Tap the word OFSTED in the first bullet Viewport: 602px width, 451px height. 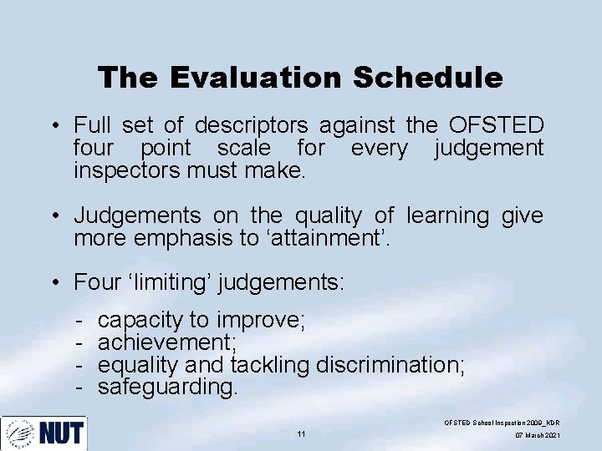(496, 125)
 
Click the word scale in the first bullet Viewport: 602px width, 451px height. (244, 148)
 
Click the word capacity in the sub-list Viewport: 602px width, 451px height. (139, 320)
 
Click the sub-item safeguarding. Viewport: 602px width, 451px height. (168, 388)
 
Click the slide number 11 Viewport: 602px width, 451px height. (301, 434)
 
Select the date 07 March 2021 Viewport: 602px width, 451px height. (538, 436)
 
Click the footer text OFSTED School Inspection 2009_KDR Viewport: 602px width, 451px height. (502, 423)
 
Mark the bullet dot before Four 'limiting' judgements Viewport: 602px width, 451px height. (53, 283)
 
